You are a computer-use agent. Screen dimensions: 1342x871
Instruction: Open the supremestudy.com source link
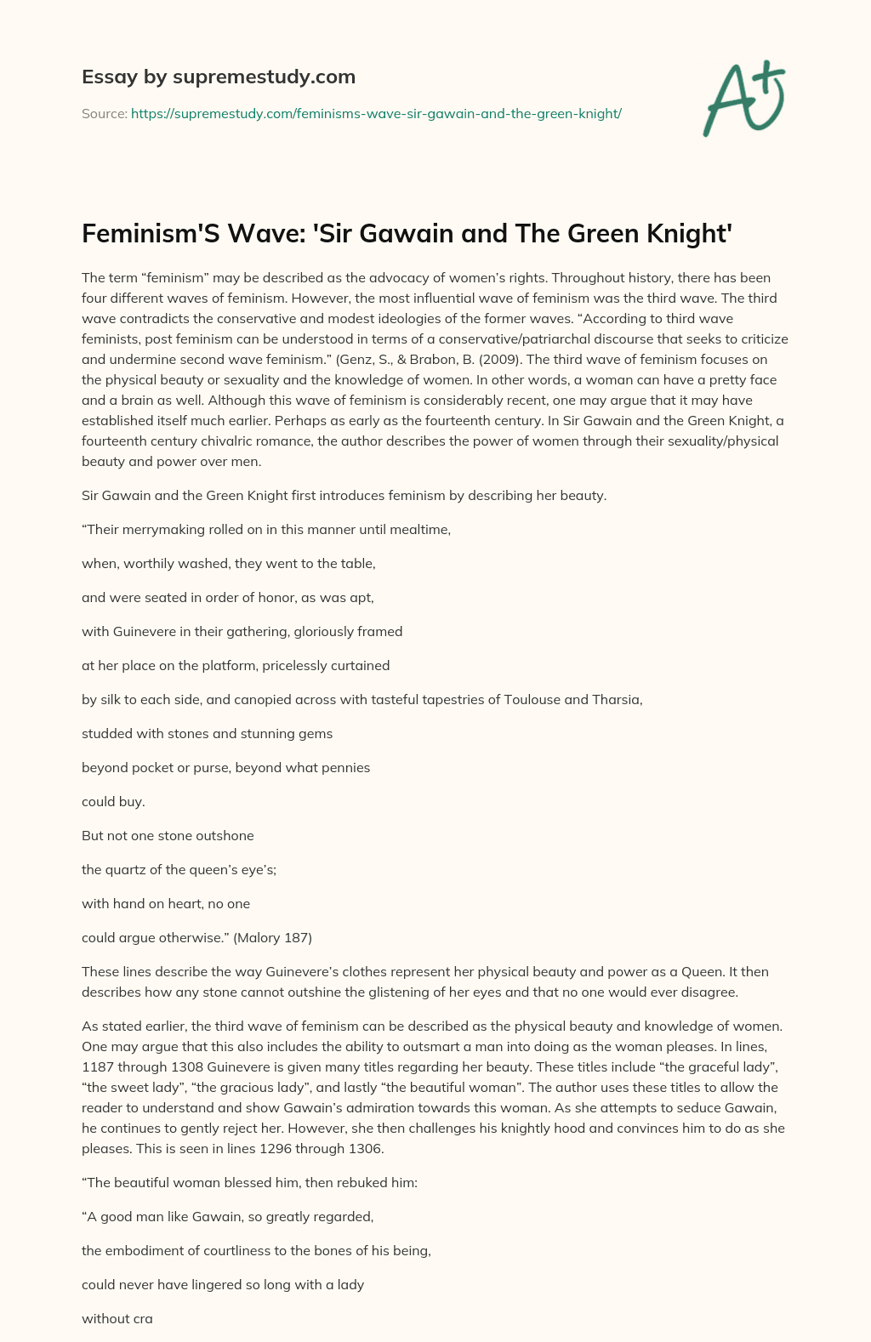tap(376, 113)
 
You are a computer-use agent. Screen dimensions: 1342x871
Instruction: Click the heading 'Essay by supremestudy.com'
tap(219, 77)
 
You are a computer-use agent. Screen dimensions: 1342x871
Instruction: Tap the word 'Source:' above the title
tap(104, 113)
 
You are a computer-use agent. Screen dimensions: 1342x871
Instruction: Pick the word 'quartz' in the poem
tap(128, 870)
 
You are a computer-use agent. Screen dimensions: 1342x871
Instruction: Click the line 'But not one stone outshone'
tap(168, 836)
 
